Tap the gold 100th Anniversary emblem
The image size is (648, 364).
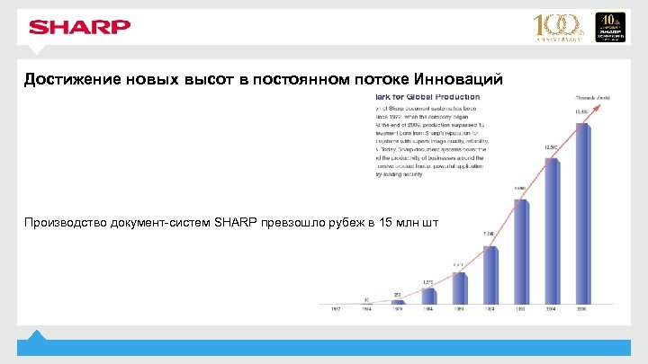coord(559,27)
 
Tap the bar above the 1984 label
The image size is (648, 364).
coord(428,297)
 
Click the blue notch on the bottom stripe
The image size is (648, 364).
coord(36,335)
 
